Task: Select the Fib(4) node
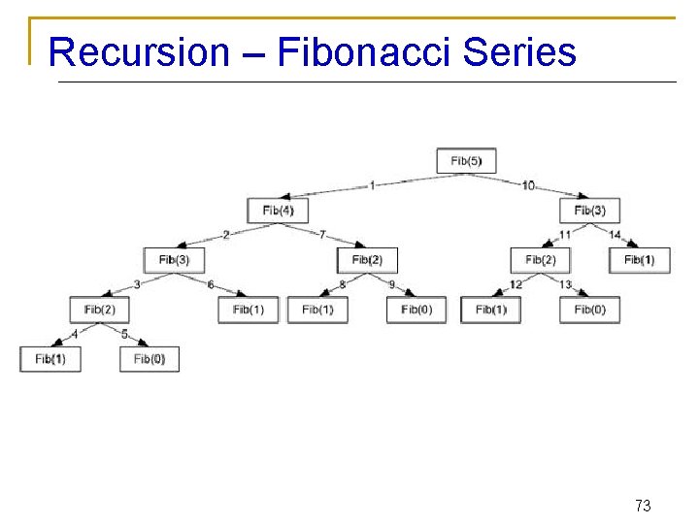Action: click(278, 210)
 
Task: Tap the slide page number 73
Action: click(642, 505)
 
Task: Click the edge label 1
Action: click(372, 185)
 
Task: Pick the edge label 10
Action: click(528, 185)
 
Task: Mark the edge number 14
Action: click(615, 235)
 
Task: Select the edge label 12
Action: click(516, 284)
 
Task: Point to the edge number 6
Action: click(211, 284)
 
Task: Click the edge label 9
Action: click(391, 284)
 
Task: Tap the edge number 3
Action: click(137, 284)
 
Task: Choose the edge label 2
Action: click(226, 235)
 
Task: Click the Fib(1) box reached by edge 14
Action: click(639, 259)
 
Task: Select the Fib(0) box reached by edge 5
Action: click(150, 359)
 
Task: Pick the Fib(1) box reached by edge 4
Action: click(50, 359)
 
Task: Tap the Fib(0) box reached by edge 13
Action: click(589, 310)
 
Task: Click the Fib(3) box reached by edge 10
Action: click(589, 210)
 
